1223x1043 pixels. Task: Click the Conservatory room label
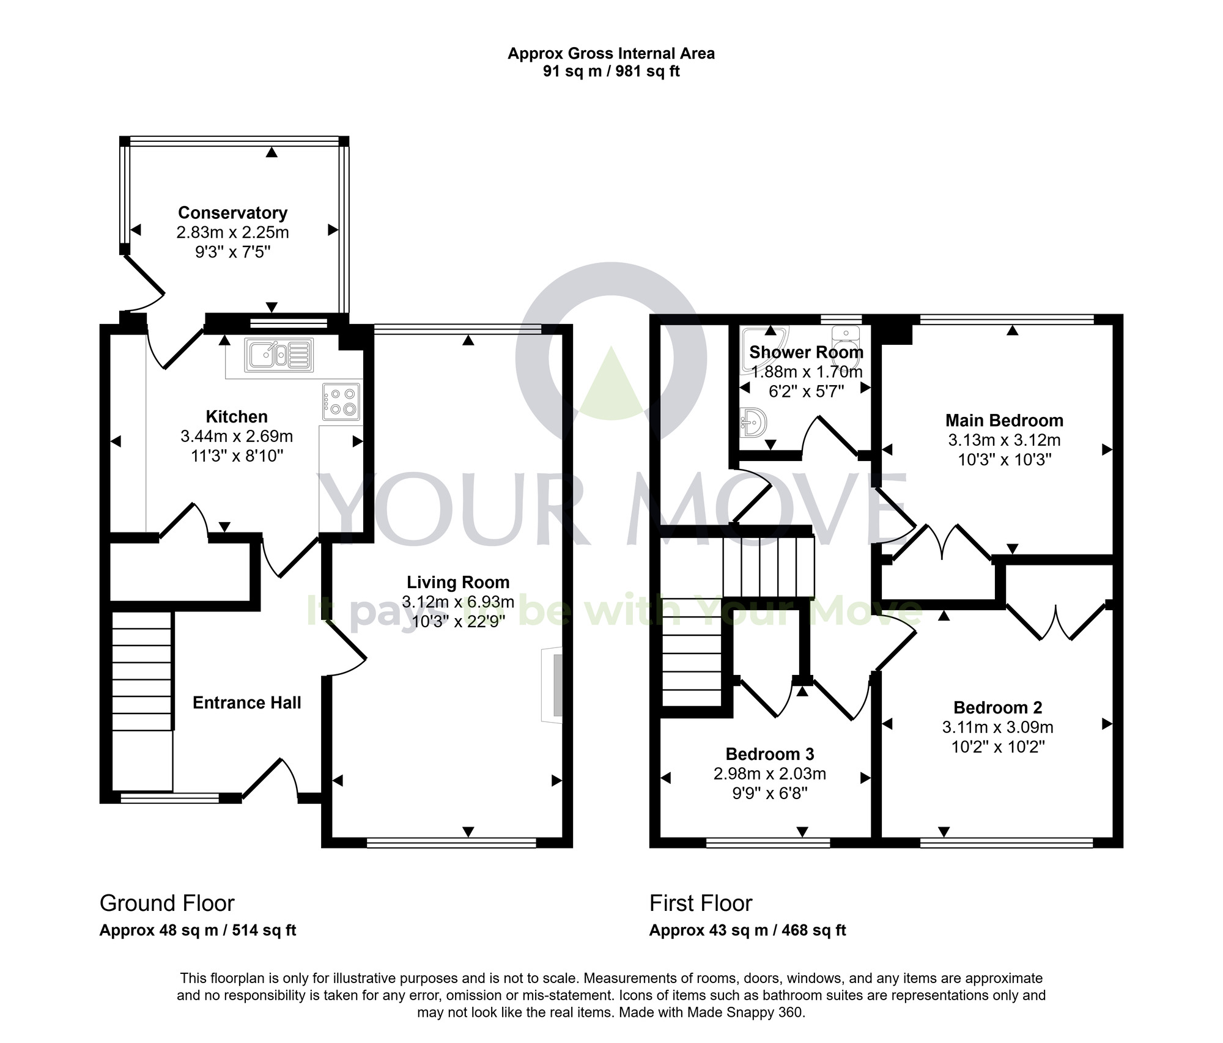[232, 213]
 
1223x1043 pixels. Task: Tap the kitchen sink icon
[279, 355]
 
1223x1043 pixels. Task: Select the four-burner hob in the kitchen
[341, 402]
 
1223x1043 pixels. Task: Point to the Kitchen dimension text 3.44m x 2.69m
[237, 437]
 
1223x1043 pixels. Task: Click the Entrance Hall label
[246, 702]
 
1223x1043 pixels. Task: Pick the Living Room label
[458, 582]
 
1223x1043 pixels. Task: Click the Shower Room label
[806, 352]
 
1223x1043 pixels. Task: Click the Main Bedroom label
[1004, 421]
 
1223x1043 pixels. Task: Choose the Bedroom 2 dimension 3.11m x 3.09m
[997, 727]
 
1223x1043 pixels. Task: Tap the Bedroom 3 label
[769, 754]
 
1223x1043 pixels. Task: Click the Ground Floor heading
[167, 903]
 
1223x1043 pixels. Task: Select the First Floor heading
[701, 903]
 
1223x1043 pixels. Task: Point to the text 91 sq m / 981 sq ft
[611, 72]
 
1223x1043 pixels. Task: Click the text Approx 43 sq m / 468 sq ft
[747, 930]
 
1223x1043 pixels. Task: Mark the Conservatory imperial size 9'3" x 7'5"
[232, 252]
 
